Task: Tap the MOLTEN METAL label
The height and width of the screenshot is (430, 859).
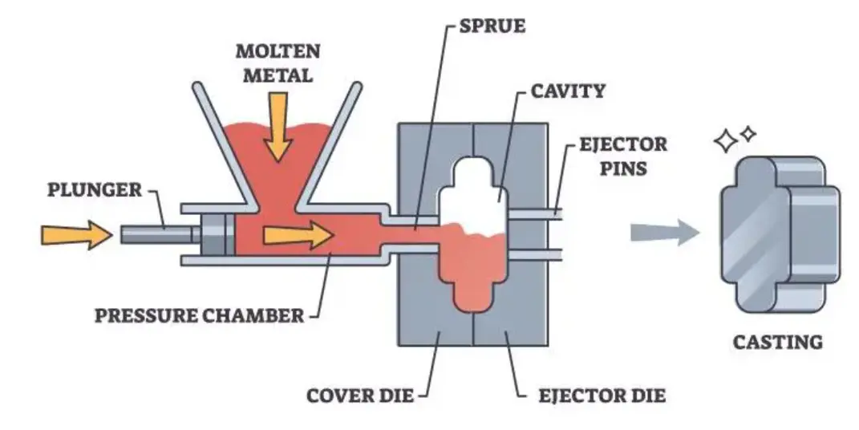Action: coord(278,63)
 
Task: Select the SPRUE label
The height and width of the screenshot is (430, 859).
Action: coord(492,26)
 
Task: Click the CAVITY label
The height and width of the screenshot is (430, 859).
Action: coord(567,89)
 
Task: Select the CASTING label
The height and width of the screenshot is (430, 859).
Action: coord(777,342)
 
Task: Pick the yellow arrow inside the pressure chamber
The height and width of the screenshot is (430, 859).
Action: coord(298,234)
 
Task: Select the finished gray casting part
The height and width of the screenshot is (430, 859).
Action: coord(778,232)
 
